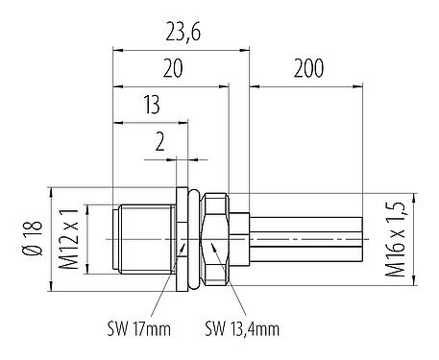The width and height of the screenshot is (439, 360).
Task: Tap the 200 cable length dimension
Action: (x=307, y=69)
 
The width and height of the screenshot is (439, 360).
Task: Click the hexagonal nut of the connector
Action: (x=216, y=236)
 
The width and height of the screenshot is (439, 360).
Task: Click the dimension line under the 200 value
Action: (x=307, y=86)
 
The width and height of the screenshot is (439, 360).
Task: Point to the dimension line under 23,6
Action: (x=181, y=50)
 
